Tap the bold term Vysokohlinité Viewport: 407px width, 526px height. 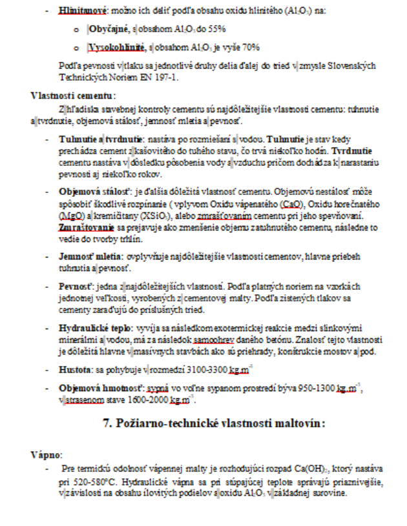coord(114,46)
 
